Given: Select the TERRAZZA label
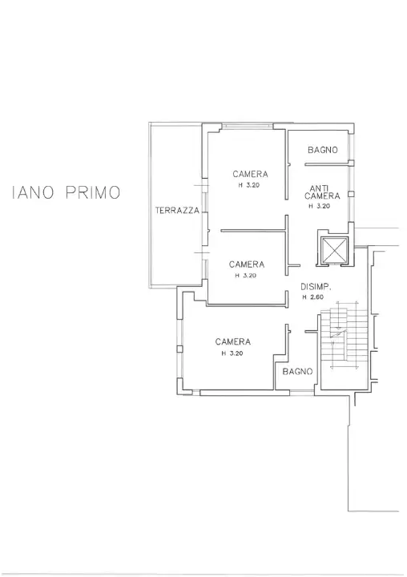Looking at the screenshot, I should click(x=176, y=210).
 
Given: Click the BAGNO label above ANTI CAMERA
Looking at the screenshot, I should click(x=322, y=150).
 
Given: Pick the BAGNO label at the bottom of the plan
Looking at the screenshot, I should click(x=296, y=371).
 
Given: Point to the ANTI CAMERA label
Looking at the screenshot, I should click(x=322, y=192).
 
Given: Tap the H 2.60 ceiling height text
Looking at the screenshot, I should click(x=313, y=297).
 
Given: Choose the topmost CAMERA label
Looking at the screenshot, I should click(x=250, y=174).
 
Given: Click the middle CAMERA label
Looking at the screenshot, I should click(x=246, y=264).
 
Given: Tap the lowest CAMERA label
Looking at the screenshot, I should click(x=233, y=341).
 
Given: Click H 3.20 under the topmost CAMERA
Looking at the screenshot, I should click(x=248, y=185).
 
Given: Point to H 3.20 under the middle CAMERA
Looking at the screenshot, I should click(x=245, y=275).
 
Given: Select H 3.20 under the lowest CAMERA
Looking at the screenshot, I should click(x=232, y=353).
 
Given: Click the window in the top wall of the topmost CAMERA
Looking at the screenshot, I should click(x=248, y=125).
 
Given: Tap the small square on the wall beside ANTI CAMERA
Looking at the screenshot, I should click(x=352, y=194).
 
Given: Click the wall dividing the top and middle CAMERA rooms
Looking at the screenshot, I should click(x=252, y=231).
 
